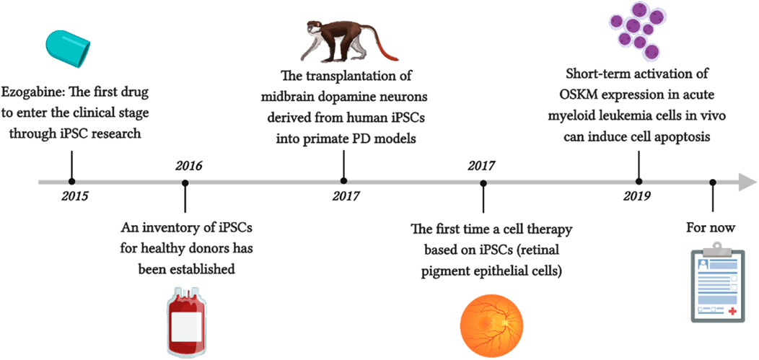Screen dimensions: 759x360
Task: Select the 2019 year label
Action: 637,196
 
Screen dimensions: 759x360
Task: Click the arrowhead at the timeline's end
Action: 747,183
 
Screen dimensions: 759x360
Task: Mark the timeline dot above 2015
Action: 72,182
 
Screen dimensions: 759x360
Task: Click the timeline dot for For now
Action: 713,182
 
